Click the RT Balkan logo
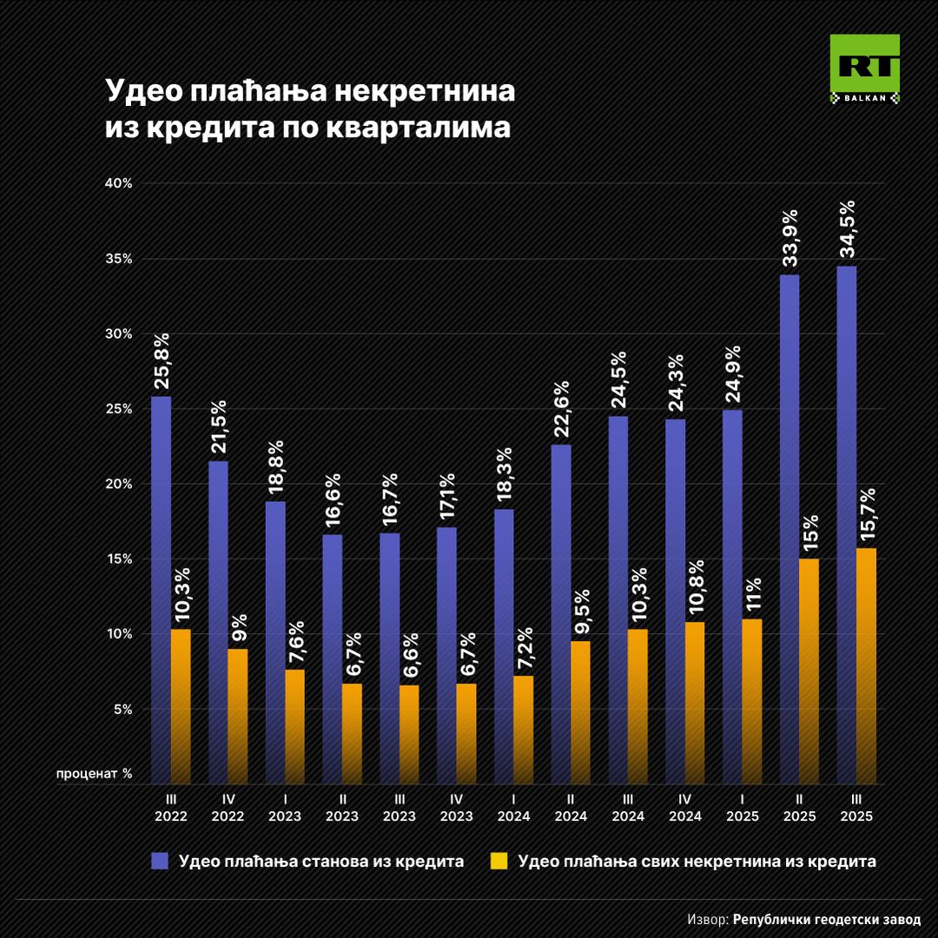(864, 69)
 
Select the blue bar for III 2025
(846, 521)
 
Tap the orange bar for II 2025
(809, 669)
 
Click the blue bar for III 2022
(161, 591)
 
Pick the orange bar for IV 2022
(238, 717)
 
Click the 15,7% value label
(866, 516)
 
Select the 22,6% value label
(561, 409)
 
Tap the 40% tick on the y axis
(119, 183)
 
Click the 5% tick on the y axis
(122, 709)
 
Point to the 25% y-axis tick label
(119, 409)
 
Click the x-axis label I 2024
(513, 809)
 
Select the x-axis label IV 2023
(456, 809)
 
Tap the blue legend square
(160, 861)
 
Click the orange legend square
(499, 861)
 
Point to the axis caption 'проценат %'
(95, 772)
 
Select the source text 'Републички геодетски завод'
(826, 919)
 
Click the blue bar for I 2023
(275, 643)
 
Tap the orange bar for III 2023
(409, 734)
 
